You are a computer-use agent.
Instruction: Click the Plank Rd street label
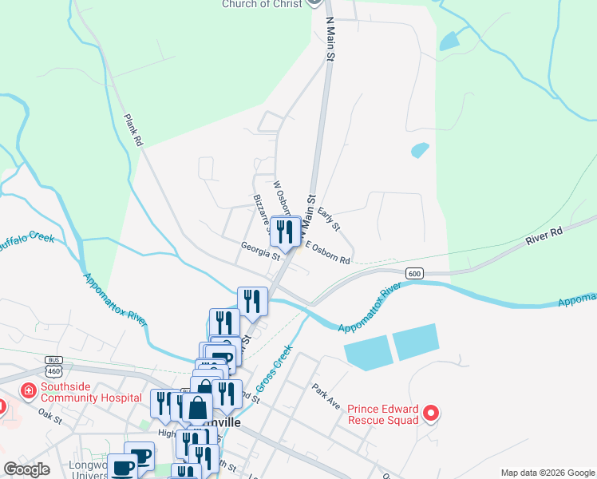[132, 129]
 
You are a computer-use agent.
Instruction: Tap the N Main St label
[328, 40]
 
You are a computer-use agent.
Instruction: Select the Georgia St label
[260, 251]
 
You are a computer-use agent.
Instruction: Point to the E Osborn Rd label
[327, 254]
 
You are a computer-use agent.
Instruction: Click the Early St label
[329, 220]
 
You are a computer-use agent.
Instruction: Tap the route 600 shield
[413, 273]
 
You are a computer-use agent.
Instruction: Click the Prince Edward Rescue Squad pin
[431, 413]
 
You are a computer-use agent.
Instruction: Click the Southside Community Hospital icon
[28, 390]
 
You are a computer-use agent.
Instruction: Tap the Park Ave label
[326, 396]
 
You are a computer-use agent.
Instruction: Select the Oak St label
[49, 415]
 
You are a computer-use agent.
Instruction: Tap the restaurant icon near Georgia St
[283, 232]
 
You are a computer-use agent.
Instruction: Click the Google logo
[26, 469]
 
